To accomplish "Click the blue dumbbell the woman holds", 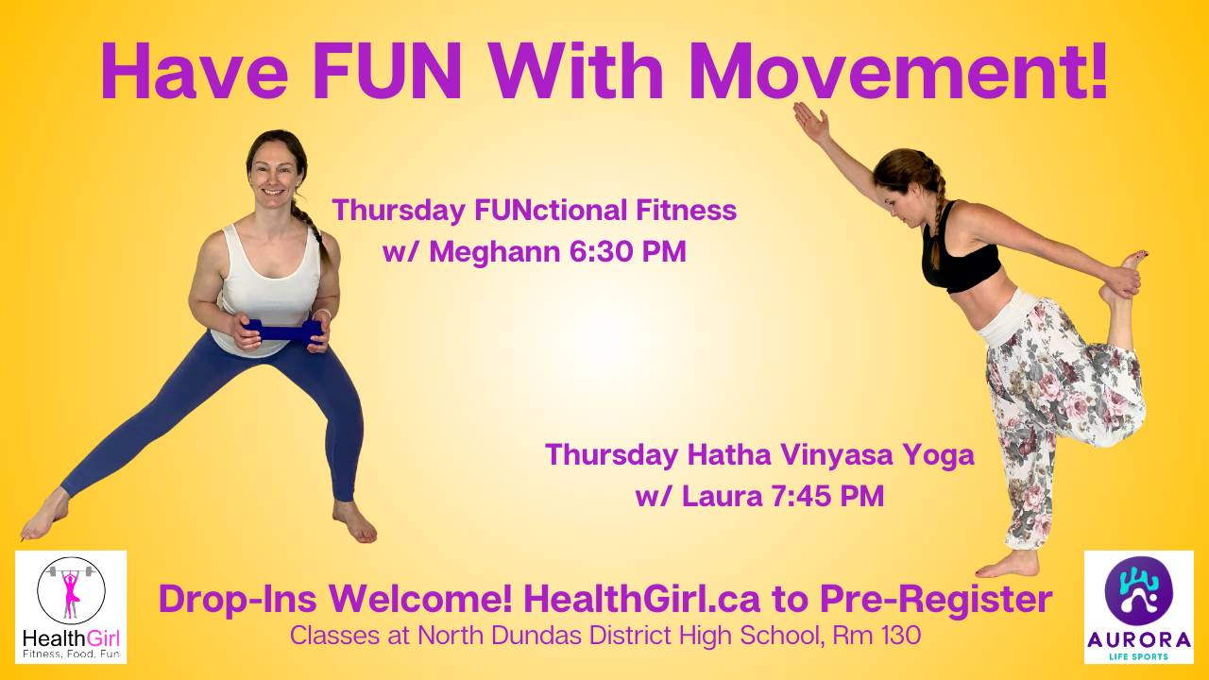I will point(282,331).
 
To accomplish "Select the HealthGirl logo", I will point(71,606).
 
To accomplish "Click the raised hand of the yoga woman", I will point(810,121).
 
